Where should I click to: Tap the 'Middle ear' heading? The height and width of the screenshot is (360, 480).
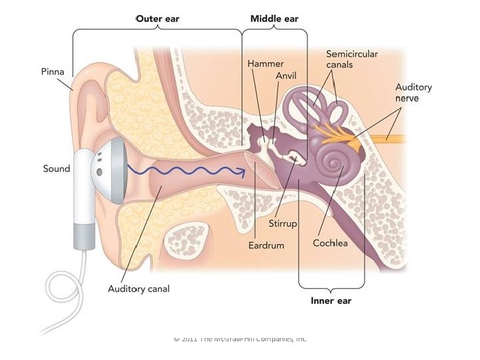pyautogui.click(x=274, y=19)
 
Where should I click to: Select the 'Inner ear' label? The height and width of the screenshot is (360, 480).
pyautogui.click(x=331, y=301)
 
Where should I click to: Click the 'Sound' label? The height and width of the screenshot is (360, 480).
pyautogui.click(x=57, y=169)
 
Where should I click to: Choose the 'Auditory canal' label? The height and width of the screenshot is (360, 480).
pyautogui.click(x=139, y=289)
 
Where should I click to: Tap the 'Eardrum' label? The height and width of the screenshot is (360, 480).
pyautogui.click(x=266, y=245)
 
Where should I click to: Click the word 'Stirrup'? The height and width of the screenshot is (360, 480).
pyautogui.click(x=282, y=223)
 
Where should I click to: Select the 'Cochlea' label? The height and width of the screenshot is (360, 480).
pyautogui.click(x=331, y=243)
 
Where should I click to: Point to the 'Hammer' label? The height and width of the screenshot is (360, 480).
pyautogui.click(x=265, y=63)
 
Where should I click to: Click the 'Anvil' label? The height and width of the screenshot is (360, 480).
pyautogui.click(x=286, y=76)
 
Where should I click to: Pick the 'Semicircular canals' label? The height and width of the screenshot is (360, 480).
pyautogui.click(x=351, y=58)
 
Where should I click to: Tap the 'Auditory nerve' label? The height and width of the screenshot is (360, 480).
pyautogui.click(x=413, y=93)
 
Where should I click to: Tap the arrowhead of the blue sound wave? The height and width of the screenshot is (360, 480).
pyautogui.click(x=243, y=171)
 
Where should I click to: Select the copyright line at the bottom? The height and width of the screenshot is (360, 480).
pyautogui.click(x=240, y=339)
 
